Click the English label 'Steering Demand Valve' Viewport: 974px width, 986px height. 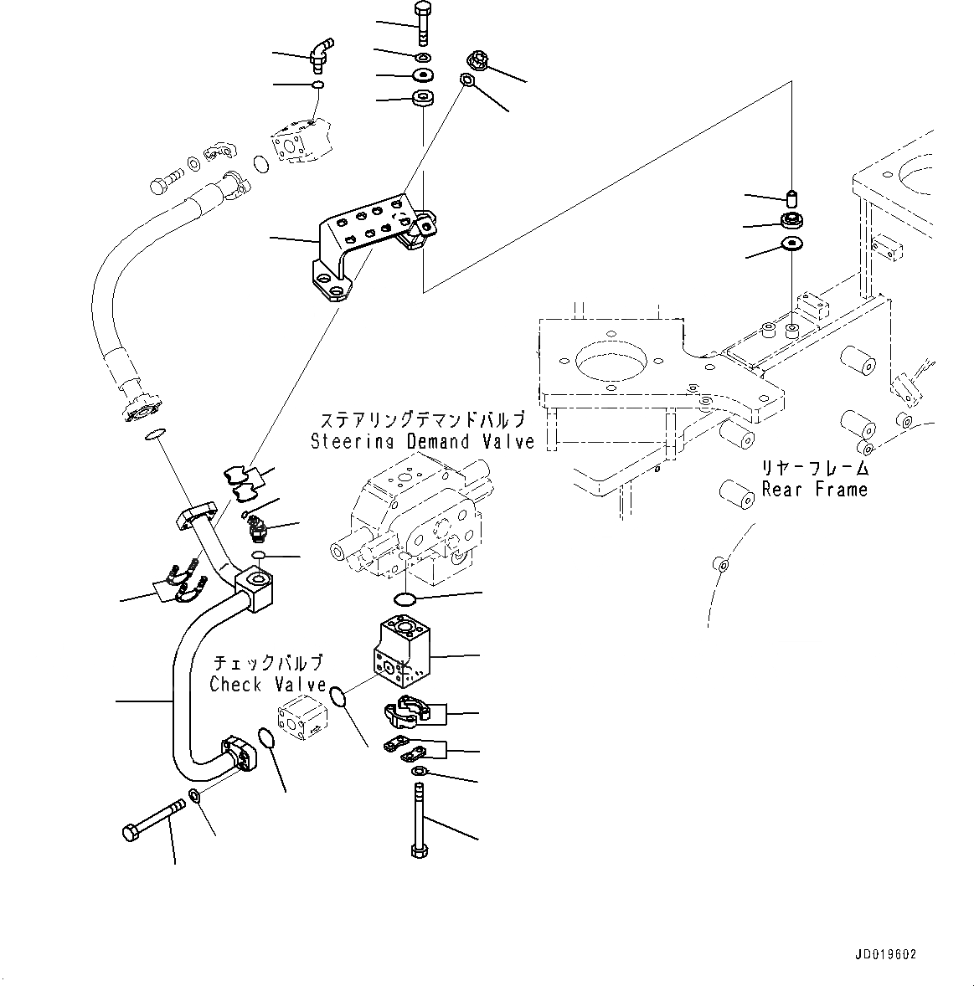point(422,441)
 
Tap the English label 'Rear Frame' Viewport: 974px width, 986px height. point(814,489)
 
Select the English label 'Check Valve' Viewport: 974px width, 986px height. point(267,684)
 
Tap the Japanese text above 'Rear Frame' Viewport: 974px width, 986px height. point(814,468)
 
